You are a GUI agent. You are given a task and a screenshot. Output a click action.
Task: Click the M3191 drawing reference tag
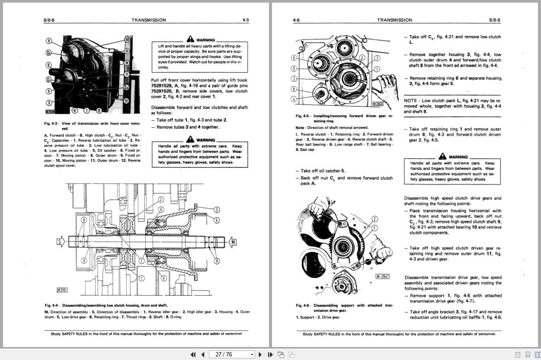point(62,290)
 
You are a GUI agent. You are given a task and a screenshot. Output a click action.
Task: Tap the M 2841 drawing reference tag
point(382,277)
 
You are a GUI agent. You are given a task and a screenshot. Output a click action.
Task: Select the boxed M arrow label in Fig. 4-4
point(233,242)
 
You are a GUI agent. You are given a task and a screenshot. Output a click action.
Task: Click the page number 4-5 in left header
point(246,20)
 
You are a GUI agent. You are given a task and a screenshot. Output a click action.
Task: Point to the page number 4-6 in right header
point(296,20)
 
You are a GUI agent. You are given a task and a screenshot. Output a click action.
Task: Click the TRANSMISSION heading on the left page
point(148,20)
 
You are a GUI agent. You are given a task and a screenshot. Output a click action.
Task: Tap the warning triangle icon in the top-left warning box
point(190,39)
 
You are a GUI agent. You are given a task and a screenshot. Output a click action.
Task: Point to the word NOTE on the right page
point(410,100)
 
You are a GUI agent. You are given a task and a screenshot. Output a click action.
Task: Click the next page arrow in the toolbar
point(260,354)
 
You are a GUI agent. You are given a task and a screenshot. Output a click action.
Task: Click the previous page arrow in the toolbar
point(202,354)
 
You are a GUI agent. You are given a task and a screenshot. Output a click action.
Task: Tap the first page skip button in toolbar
point(193,354)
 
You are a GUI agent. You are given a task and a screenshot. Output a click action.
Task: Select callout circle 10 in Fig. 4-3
point(127,40)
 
